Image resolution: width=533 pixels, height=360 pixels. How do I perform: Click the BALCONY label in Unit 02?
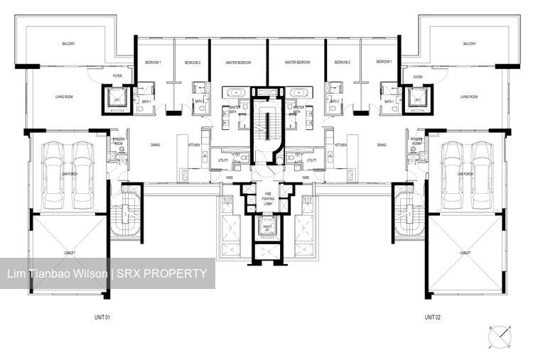tap(469, 44)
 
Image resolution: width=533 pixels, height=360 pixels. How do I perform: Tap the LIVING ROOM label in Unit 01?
tap(66, 97)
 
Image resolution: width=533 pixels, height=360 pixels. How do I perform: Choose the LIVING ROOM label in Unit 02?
tap(469, 97)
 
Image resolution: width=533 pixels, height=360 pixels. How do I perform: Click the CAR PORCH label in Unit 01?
tap(68, 174)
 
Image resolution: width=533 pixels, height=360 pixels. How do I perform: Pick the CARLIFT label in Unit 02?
tap(465, 252)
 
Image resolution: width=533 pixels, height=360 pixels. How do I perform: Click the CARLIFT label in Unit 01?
tap(69, 252)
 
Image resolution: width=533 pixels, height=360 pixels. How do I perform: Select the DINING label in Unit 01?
tap(155, 145)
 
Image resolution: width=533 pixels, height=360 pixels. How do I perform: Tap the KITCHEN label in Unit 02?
tap(340, 145)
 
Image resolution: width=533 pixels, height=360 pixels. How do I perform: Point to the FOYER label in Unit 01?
tap(117, 76)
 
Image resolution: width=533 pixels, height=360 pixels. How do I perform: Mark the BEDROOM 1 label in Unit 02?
tap(384, 62)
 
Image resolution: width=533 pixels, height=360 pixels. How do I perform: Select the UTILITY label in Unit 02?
tap(311, 160)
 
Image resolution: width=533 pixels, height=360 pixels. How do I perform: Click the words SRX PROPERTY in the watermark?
tap(163, 273)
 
